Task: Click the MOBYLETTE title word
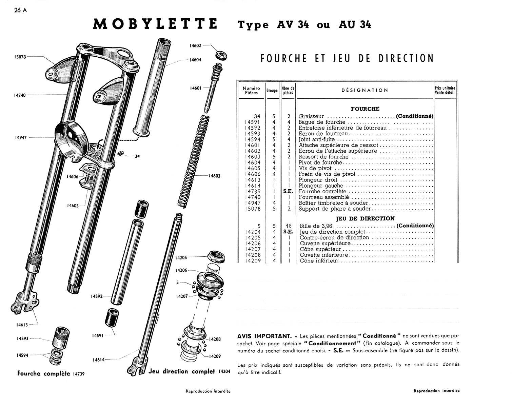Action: point(155,24)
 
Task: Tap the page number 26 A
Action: point(20,10)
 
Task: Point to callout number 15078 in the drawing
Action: point(20,57)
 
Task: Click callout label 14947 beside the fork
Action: point(21,137)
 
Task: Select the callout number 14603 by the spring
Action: point(214,176)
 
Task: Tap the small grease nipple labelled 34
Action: point(120,154)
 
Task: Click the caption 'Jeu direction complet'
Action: point(182,371)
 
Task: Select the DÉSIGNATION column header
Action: point(365,90)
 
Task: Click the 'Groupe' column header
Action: point(272,91)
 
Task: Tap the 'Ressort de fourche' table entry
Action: point(323,157)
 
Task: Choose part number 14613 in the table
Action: point(253,180)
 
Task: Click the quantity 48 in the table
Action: point(288,226)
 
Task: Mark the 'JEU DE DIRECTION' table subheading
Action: point(365,218)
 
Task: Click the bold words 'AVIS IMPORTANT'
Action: point(264,336)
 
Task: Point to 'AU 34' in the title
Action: point(355,25)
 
